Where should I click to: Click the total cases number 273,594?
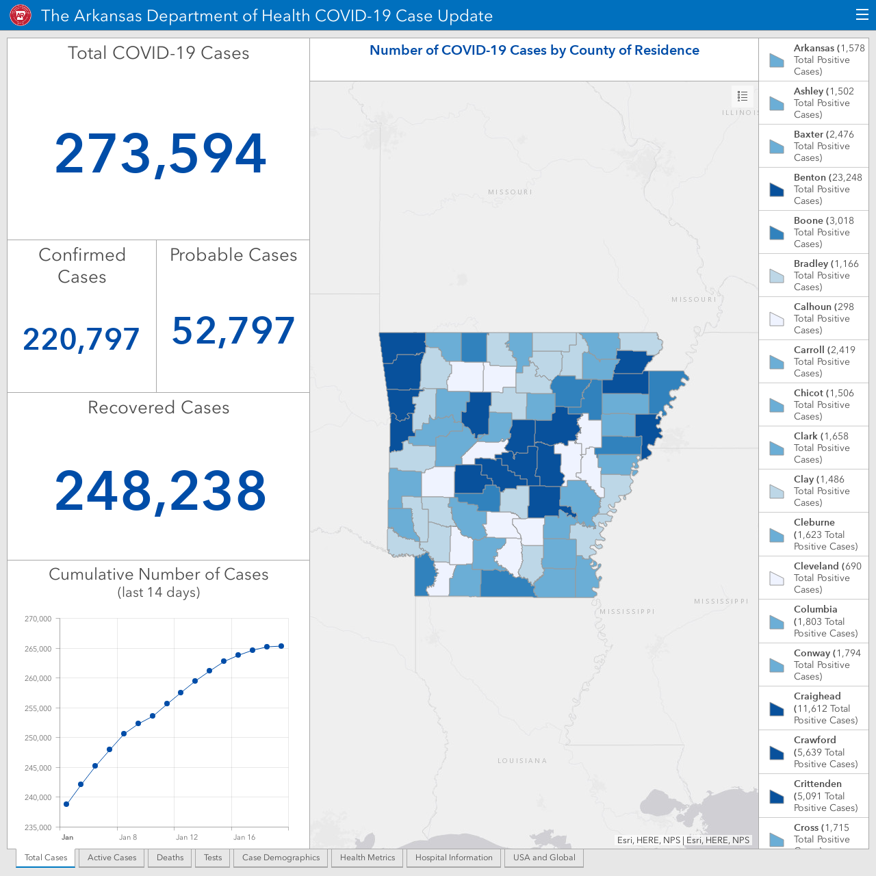click(x=160, y=154)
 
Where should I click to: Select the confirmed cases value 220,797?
click(x=81, y=339)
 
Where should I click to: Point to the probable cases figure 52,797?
click(x=233, y=331)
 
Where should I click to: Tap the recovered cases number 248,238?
click(x=160, y=491)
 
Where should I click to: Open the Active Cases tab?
click(x=112, y=858)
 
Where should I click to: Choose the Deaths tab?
click(x=170, y=858)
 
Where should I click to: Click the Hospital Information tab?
click(x=454, y=858)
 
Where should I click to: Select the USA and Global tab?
click(x=544, y=858)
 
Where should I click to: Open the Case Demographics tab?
click(x=281, y=858)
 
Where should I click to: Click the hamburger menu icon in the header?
click(x=862, y=15)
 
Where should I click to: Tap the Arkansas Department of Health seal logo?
click(x=21, y=16)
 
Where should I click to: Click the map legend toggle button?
click(x=743, y=96)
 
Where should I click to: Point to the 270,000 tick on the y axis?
click(x=38, y=619)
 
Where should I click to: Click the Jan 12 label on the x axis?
click(x=187, y=837)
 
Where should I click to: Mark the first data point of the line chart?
click(x=66, y=804)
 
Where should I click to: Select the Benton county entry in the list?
click(x=814, y=189)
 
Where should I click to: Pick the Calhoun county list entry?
click(x=814, y=318)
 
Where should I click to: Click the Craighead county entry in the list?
click(x=814, y=708)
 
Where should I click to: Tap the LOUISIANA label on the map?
click(x=522, y=760)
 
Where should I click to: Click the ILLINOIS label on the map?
click(x=740, y=113)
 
